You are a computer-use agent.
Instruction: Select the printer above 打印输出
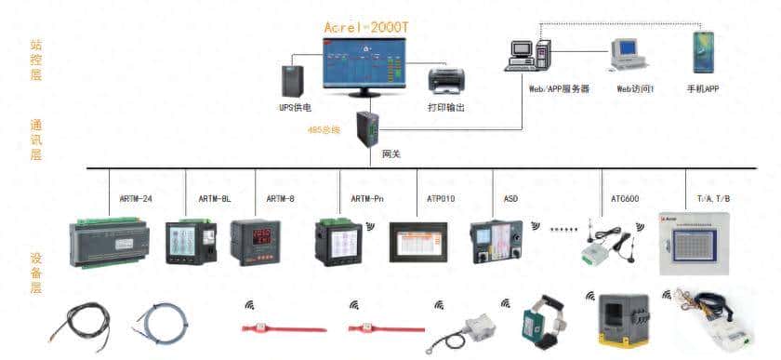click(x=445, y=82)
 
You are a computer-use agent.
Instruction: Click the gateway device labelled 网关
click(x=365, y=129)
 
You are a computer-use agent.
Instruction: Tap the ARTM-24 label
click(x=137, y=198)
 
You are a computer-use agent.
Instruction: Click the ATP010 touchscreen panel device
click(x=418, y=244)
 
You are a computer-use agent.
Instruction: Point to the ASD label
click(x=510, y=198)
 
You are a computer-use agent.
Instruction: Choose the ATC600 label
click(x=624, y=198)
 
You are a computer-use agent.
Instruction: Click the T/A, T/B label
click(x=713, y=198)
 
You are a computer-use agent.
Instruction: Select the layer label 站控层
click(x=36, y=59)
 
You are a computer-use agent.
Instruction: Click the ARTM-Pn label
click(x=368, y=198)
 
